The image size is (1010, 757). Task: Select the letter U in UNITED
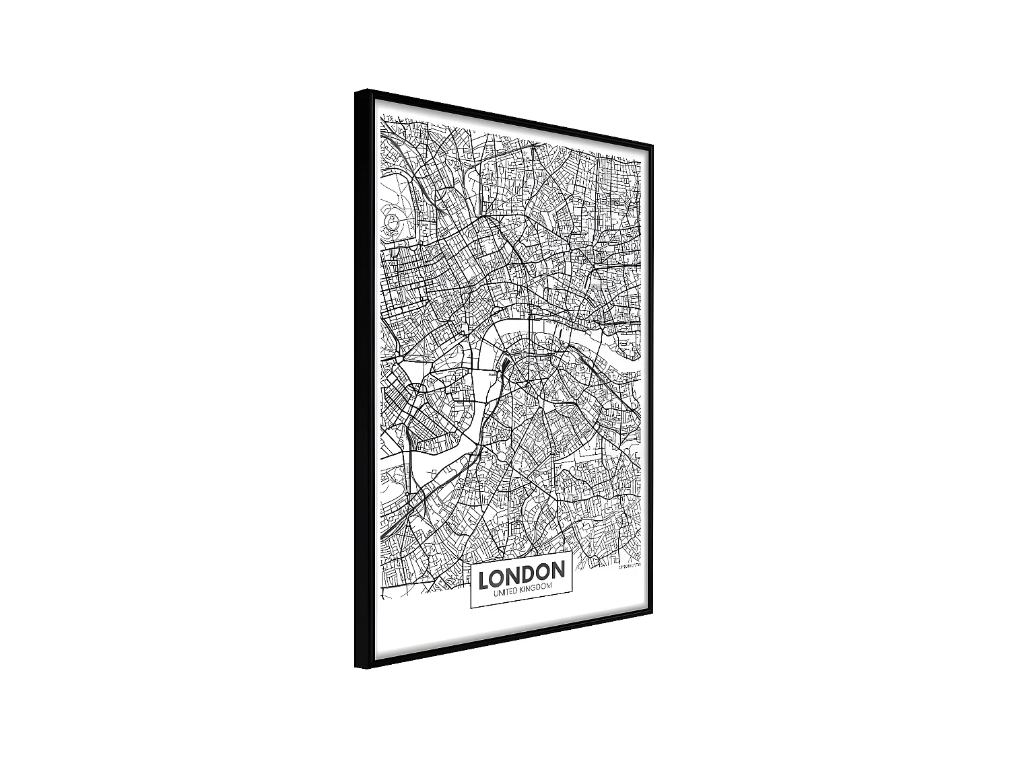496,591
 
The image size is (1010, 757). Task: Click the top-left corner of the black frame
357,91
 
